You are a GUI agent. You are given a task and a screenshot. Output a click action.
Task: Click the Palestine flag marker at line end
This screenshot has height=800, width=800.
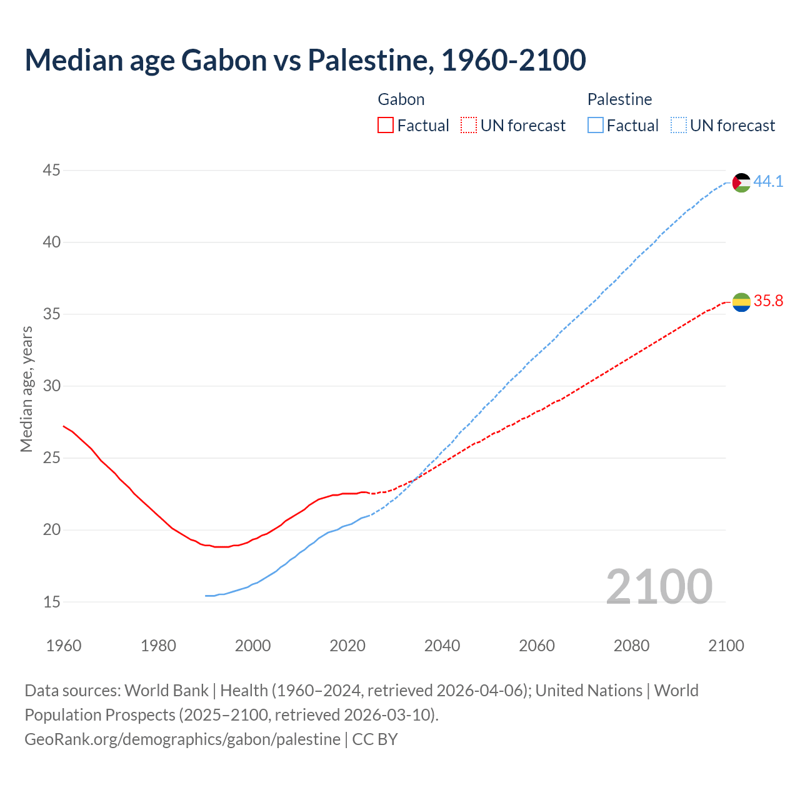pos(741,182)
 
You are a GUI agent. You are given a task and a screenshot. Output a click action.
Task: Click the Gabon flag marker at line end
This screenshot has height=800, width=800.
pos(741,302)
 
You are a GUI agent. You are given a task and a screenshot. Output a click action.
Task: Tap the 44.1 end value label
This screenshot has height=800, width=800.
pos(768,181)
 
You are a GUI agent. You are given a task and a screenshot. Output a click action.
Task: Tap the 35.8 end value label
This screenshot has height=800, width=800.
pos(768,301)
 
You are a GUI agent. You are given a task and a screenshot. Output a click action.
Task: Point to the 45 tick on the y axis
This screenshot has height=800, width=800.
pos(52,170)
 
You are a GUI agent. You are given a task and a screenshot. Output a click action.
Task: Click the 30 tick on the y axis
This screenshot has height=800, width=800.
pos(52,386)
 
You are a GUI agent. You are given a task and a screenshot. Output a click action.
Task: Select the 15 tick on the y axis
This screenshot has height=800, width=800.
pos(52,602)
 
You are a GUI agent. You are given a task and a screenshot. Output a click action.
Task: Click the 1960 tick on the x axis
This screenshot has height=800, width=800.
pos(64,646)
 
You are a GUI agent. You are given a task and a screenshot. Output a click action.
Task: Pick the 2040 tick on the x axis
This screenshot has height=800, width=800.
pos(442,646)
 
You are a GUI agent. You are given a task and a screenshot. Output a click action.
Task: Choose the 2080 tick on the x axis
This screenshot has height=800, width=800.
pos(631,646)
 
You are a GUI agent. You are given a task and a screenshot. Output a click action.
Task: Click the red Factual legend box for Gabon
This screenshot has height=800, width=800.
pos(386,126)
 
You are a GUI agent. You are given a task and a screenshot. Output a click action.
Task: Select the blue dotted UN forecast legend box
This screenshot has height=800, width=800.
pos(679,126)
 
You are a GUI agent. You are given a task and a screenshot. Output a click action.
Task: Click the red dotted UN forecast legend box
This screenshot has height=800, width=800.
pos(469,126)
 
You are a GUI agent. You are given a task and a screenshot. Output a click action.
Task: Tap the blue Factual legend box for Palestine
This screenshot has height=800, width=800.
pos(596,126)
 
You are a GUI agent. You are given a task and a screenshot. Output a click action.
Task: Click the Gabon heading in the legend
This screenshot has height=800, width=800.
pos(401,99)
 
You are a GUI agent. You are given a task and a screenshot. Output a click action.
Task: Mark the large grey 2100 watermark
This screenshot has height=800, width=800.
pos(659,586)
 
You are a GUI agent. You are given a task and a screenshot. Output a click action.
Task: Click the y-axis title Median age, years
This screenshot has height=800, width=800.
pos(26,389)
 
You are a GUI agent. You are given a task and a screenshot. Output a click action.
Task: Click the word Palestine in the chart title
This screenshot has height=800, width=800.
pos(367,60)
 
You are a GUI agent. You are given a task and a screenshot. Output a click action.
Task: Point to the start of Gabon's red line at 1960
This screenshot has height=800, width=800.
pos(64,426)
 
